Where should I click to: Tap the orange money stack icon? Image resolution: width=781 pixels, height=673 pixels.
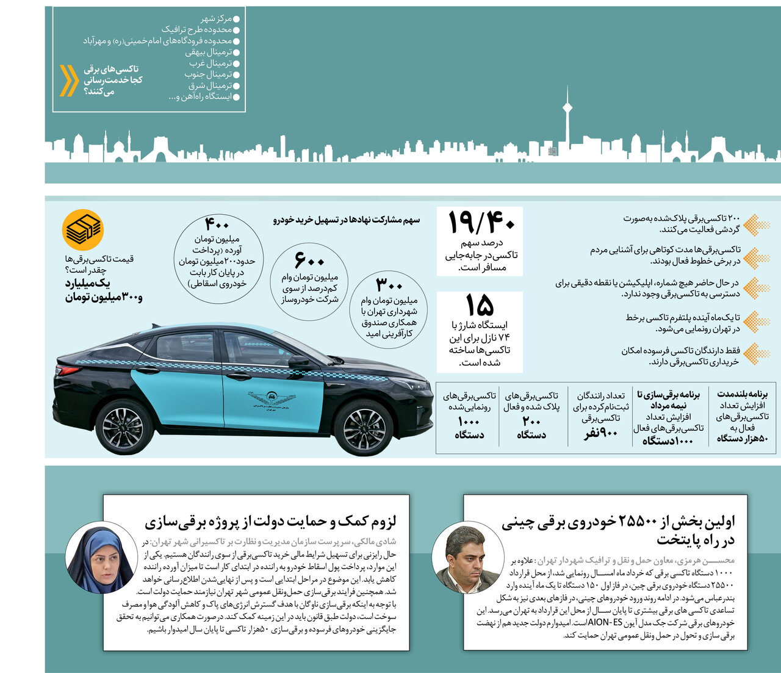click(x=83, y=230)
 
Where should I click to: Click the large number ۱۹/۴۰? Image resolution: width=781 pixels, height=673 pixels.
click(x=481, y=222)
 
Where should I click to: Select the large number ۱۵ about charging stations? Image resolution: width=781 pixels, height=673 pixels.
click(x=480, y=305)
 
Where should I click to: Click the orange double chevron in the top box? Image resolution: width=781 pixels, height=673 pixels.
click(x=68, y=81)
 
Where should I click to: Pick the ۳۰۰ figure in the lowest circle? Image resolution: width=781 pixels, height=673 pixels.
click(x=389, y=285)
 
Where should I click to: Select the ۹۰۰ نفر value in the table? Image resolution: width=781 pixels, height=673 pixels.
click(x=601, y=433)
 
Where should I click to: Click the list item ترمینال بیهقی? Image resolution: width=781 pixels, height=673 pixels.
click(x=209, y=52)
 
